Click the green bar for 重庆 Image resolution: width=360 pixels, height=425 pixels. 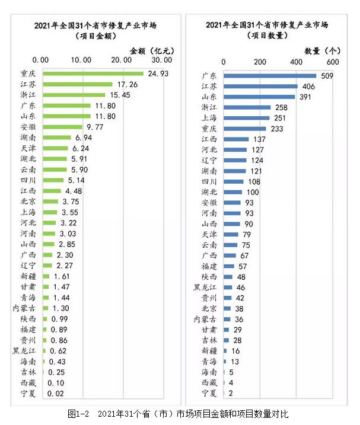coord(93,74)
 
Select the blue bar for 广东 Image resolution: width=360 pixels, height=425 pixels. coord(270,75)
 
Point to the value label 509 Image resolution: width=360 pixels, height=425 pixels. coord(327,76)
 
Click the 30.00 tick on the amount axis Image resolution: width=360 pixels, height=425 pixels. coord(161,60)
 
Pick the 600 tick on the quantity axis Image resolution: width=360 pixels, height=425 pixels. coord(332,61)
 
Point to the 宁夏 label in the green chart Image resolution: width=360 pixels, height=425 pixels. coord(28,392)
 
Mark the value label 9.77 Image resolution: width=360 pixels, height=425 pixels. coord(94,127)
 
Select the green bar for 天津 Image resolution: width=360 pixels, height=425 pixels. coord(55,148)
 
